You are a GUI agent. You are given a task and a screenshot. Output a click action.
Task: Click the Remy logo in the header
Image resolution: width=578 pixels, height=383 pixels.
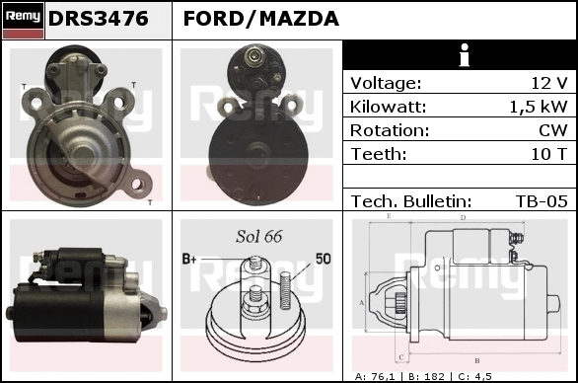coord(24,21)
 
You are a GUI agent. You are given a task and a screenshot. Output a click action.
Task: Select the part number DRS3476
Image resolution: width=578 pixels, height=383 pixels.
coord(99,19)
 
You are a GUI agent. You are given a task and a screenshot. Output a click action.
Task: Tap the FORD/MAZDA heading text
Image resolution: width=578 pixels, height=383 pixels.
coord(261,19)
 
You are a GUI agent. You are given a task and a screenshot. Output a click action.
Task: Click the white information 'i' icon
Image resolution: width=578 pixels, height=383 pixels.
coord(465,55)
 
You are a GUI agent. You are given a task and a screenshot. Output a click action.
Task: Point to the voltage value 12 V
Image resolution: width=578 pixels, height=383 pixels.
coord(549,83)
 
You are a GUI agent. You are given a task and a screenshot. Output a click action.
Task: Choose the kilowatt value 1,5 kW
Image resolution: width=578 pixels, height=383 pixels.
coord(539,107)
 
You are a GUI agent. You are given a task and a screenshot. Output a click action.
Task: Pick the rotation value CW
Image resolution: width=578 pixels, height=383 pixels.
coord(553,130)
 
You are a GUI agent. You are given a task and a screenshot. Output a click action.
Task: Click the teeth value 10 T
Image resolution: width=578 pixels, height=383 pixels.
coord(548,154)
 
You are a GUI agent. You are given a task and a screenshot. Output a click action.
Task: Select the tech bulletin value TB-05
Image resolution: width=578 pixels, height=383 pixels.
coord(542,201)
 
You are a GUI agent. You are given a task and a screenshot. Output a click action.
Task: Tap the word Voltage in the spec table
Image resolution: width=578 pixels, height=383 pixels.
coord(386,83)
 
